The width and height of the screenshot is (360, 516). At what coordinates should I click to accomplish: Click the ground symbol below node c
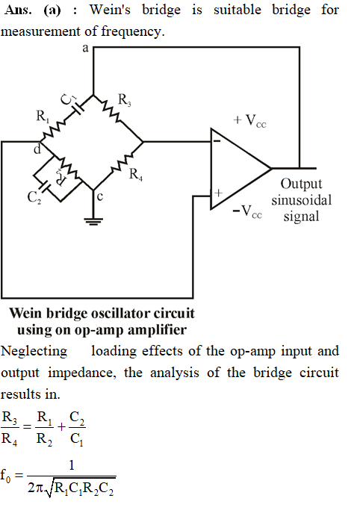tap(93, 221)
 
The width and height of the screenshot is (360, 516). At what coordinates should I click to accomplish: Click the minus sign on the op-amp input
tap(217, 141)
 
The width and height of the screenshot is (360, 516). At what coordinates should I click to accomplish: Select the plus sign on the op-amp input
tap(218, 193)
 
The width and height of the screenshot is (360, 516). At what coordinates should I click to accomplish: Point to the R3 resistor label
tap(125, 100)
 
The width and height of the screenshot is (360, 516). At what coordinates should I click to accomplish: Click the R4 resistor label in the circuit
tap(136, 175)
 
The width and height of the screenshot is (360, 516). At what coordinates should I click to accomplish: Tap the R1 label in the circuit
tap(43, 116)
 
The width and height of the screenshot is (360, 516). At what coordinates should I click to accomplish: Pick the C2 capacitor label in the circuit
tap(34, 198)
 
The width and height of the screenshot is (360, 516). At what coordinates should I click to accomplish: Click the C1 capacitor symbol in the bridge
tap(78, 108)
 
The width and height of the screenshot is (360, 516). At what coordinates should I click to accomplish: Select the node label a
tap(86, 49)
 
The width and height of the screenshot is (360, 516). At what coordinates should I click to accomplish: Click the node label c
tap(100, 197)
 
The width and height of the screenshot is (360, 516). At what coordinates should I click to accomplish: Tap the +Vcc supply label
tap(249, 121)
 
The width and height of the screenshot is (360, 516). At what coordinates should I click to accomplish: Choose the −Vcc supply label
tap(247, 211)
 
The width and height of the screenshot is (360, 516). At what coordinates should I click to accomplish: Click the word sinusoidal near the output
tap(302, 200)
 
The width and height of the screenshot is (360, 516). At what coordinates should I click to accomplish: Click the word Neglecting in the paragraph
tap(34, 352)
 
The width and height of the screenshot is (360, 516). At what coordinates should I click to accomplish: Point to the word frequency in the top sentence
tap(132, 31)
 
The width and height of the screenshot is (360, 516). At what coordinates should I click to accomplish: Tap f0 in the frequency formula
tap(5, 476)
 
